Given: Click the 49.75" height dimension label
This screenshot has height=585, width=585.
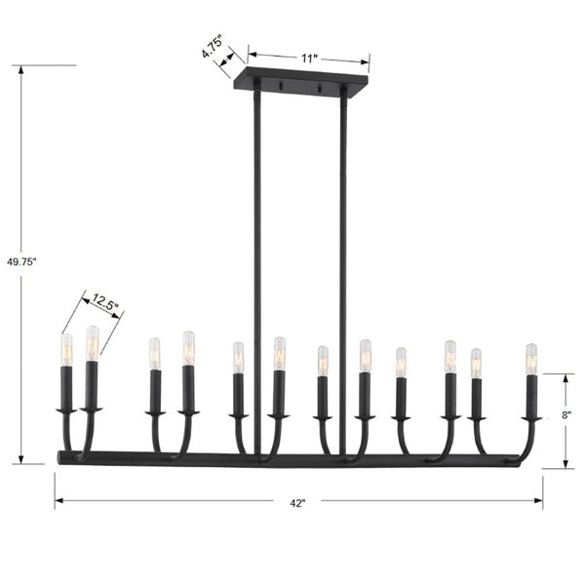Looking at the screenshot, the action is [x=21, y=262].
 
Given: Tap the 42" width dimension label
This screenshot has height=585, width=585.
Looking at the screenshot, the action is [x=297, y=503].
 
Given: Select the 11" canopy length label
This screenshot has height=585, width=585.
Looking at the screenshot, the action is [x=309, y=58].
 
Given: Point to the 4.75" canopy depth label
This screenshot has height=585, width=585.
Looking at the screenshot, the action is [x=213, y=47].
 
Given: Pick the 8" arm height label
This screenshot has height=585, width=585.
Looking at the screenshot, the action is [x=566, y=415].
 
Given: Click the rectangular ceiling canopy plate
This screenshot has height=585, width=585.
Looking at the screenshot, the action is [x=300, y=82].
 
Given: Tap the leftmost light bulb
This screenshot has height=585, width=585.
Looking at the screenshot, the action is [x=66, y=350].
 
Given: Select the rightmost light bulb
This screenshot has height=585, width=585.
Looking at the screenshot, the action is [x=531, y=359].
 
